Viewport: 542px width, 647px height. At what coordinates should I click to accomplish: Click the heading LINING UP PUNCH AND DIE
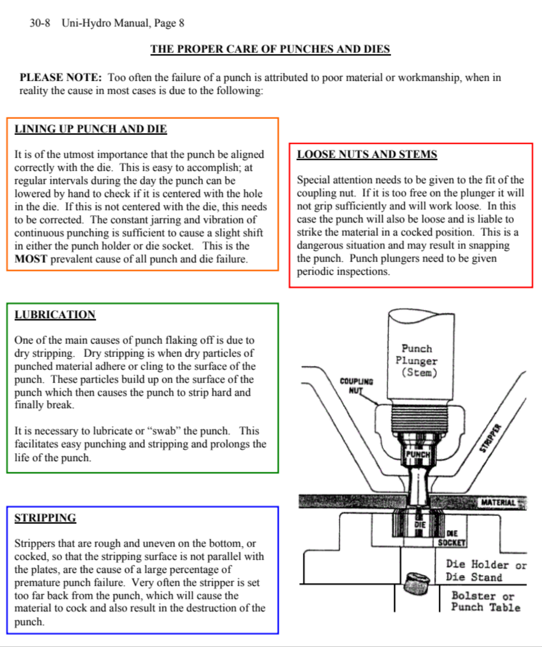(90, 129)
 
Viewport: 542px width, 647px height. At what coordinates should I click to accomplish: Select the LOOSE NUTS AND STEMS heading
(367, 155)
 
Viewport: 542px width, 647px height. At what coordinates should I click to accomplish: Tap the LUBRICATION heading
(55, 315)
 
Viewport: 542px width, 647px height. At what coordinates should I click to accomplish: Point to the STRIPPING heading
(45, 518)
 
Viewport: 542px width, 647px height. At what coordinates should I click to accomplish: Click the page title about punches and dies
(270, 49)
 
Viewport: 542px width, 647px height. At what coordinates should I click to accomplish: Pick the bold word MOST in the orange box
(30, 259)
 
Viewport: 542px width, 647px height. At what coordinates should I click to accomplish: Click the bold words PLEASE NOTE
(60, 77)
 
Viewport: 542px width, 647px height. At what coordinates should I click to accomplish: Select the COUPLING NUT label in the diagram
(356, 385)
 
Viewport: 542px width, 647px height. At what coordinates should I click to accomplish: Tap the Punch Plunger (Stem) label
(417, 360)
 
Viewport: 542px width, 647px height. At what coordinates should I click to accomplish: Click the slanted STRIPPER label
(490, 438)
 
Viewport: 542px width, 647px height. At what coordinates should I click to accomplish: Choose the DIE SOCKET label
(451, 538)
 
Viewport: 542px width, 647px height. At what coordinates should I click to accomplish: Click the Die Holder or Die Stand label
(486, 571)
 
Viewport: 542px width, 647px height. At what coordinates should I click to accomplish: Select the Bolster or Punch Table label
(485, 601)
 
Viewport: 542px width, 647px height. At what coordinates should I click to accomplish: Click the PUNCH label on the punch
(417, 454)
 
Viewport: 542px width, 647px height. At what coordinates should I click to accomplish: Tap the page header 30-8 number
(40, 23)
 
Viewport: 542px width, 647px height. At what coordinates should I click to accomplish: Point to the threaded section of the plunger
(419, 418)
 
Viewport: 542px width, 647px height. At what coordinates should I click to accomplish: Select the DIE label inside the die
(419, 525)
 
